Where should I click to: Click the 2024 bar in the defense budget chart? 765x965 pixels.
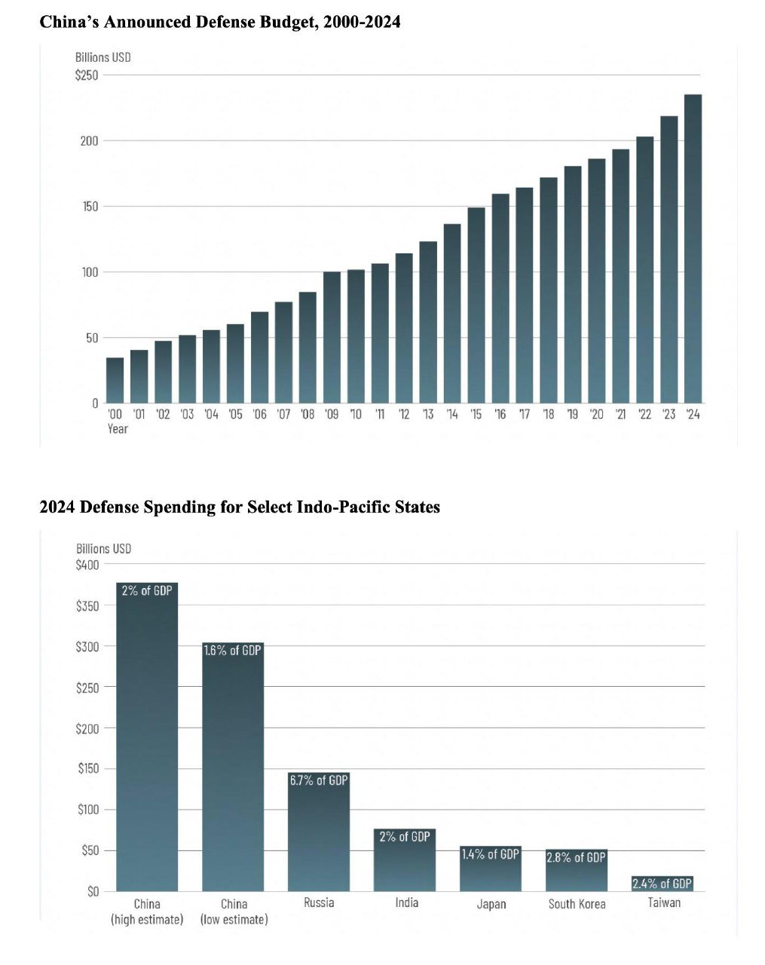click(693, 249)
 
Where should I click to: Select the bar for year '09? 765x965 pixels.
click(332, 337)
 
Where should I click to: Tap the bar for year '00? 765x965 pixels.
click(115, 380)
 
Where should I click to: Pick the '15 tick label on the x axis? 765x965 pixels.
click(476, 415)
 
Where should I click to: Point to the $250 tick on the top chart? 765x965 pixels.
click(87, 75)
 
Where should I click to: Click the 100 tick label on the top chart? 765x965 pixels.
click(90, 272)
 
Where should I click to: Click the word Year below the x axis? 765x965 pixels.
click(118, 429)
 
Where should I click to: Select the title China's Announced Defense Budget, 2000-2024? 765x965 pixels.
click(219, 23)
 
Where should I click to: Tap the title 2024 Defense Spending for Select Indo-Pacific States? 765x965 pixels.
click(239, 507)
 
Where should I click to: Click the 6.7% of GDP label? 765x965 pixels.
click(319, 780)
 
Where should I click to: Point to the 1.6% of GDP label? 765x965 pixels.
click(233, 650)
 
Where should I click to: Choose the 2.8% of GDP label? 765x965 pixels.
click(576, 857)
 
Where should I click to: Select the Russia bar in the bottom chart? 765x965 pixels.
click(319, 837)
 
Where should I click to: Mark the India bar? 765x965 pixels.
click(405, 863)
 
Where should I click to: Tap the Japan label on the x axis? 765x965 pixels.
click(491, 904)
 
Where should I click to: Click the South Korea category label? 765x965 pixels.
click(577, 904)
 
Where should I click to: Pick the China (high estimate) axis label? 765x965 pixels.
click(147, 911)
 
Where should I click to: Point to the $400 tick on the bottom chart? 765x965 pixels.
click(87, 565)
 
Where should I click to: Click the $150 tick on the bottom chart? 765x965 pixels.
click(88, 769)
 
